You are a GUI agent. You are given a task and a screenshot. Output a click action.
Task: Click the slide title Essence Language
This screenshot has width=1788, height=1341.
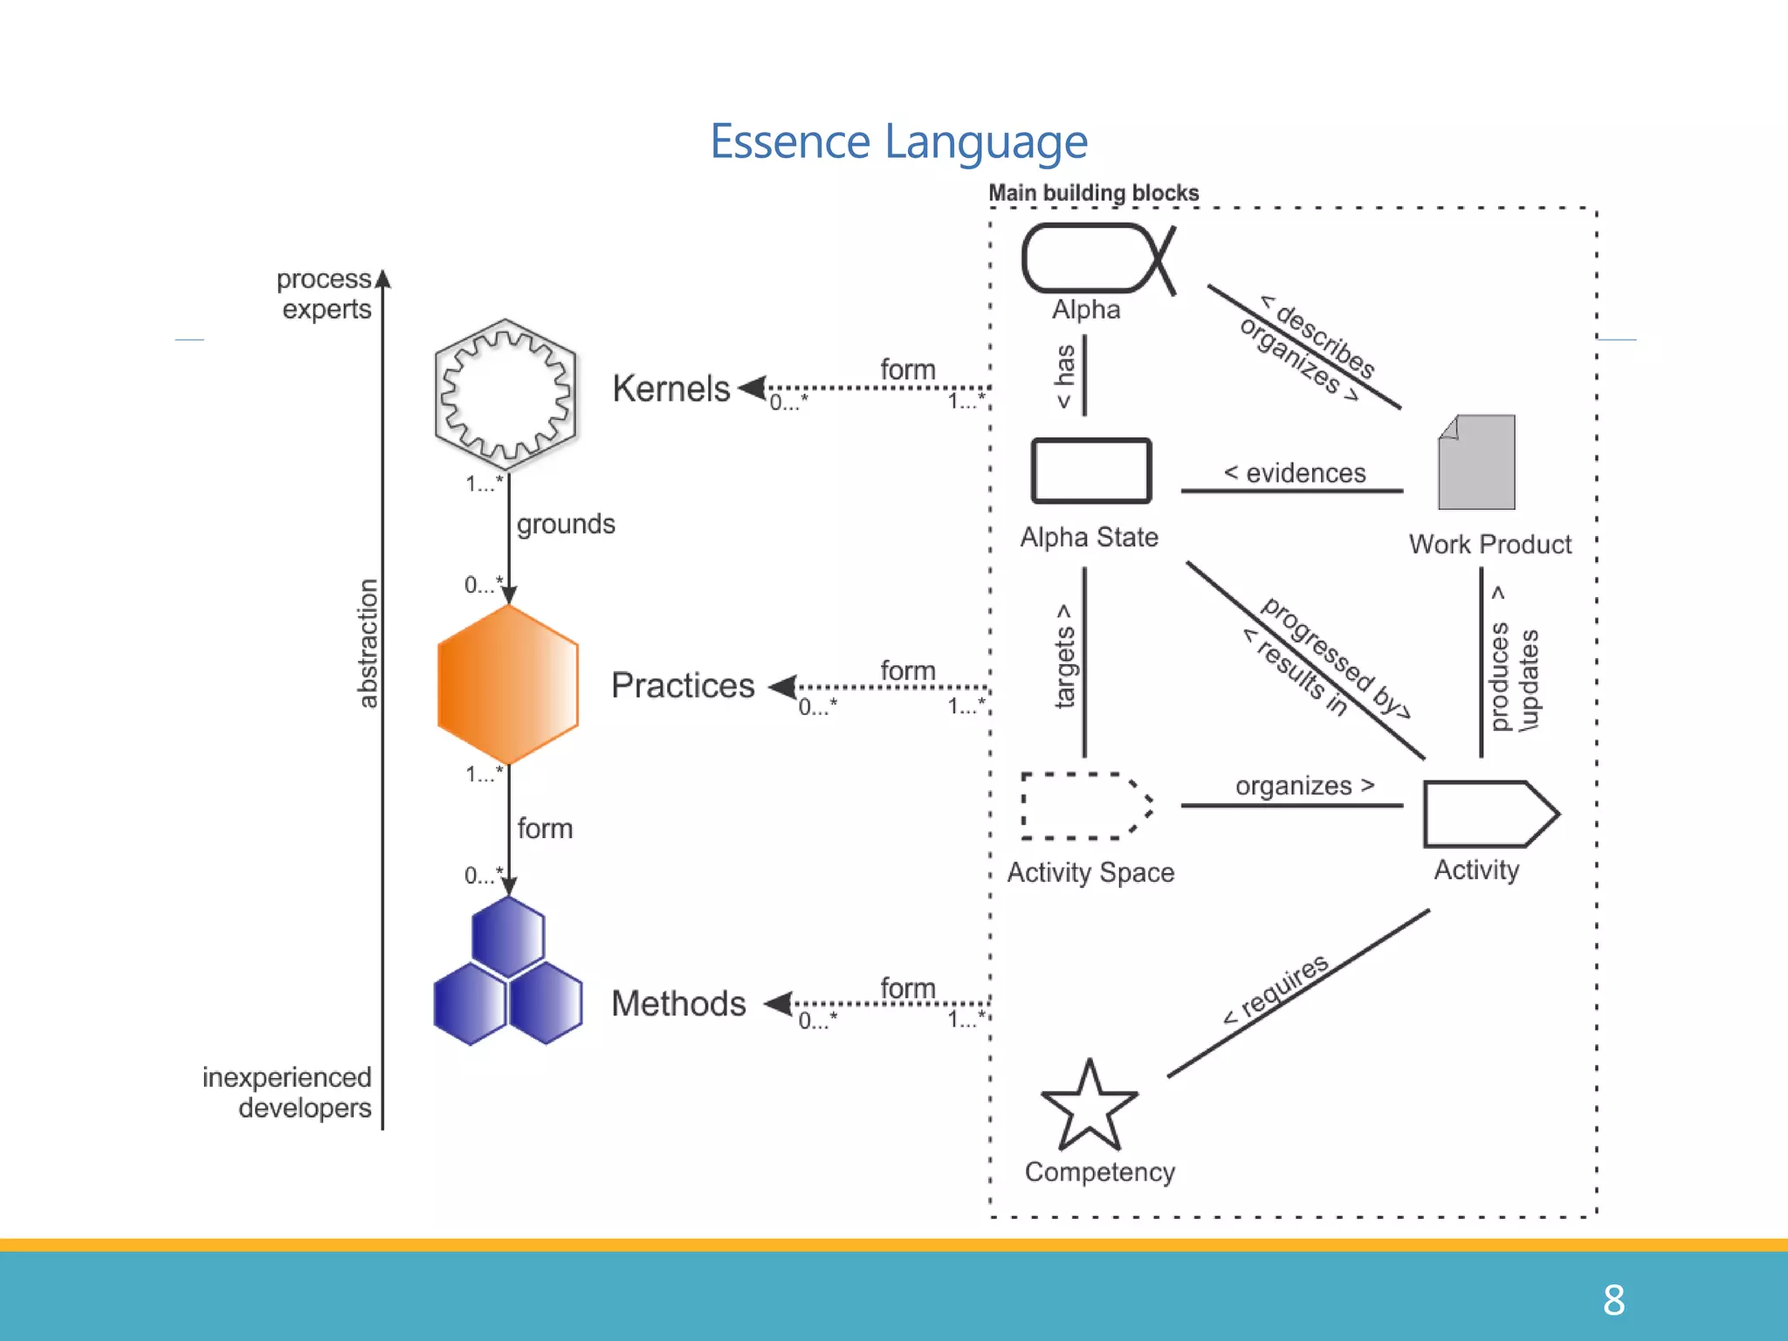[898, 141]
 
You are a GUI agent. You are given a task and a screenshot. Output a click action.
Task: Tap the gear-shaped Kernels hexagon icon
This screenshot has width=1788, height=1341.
[505, 395]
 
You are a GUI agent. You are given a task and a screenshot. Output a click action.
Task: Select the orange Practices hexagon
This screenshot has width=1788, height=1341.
[507, 685]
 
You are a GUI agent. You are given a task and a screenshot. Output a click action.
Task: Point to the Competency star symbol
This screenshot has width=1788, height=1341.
[1089, 1109]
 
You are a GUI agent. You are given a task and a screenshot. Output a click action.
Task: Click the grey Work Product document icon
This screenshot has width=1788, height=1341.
[1476, 463]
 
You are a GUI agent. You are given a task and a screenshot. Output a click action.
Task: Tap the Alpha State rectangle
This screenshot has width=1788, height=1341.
[1090, 471]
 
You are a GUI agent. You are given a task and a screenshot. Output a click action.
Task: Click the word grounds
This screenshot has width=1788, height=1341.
[566, 524]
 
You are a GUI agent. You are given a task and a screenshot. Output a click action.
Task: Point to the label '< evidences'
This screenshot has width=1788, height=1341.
[1294, 473]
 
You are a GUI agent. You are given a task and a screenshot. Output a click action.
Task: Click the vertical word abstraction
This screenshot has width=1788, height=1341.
[368, 643]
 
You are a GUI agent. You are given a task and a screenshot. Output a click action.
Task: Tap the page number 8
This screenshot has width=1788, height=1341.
[1613, 1300]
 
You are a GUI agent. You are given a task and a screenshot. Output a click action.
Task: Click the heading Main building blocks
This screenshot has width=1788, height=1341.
[1093, 193]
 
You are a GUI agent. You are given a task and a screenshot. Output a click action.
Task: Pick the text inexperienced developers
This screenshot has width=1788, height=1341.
[287, 1092]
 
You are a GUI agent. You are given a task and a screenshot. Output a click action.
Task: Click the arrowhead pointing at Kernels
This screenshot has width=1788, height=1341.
[752, 388]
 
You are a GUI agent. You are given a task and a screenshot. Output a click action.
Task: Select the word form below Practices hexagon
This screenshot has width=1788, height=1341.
[545, 828]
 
